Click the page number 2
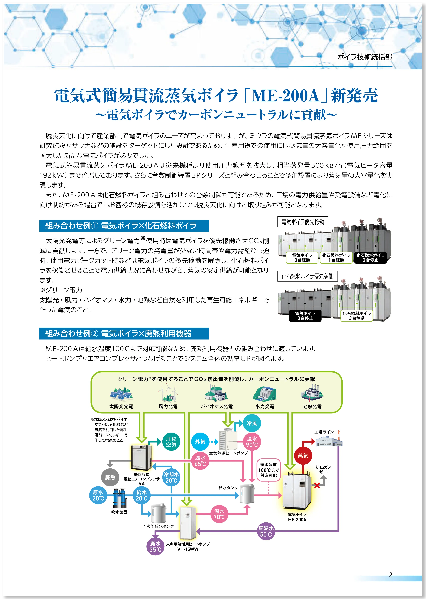[x=390, y=575]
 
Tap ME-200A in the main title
[x=285, y=96]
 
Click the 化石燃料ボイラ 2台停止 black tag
[x=370, y=258]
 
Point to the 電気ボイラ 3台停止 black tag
[x=305, y=316]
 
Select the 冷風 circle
[x=252, y=423]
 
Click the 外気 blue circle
[x=200, y=442]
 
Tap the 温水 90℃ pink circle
[x=252, y=442]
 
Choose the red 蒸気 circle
[x=303, y=456]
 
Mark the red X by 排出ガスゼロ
[x=317, y=485]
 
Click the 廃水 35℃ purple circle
[x=155, y=547]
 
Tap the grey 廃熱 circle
[x=110, y=477]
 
